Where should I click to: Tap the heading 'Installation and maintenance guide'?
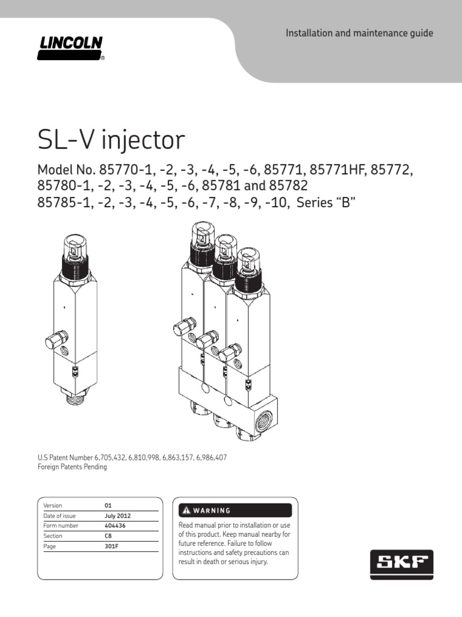click(359, 33)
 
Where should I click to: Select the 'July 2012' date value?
click(117, 516)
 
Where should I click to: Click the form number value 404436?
click(115, 525)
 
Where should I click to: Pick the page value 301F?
click(111, 545)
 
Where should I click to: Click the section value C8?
click(108, 536)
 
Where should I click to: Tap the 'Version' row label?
click(53, 506)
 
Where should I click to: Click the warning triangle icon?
click(186, 510)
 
